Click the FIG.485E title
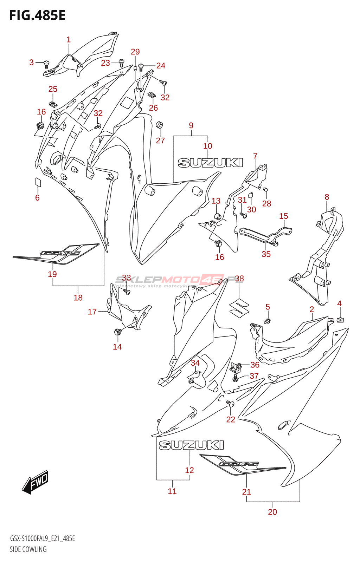coord(37,16)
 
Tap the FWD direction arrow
coord(36,482)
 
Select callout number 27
coord(160,140)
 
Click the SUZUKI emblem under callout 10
coord(210,163)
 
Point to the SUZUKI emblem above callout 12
coord(191,445)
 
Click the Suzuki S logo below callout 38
coord(239,307)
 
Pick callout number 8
coord(327,197)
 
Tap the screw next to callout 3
coord(46,64)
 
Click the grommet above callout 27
coord(160,125)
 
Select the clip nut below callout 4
coord(340,319)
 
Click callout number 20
coord(272,512)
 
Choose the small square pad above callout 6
coord(38,182)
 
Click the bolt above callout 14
coord(118,331)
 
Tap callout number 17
coord(92,312)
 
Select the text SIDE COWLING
coord(28,549)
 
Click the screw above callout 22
coord(230,404)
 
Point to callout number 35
coord(266,254)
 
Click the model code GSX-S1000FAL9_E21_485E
coord(42,538)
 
